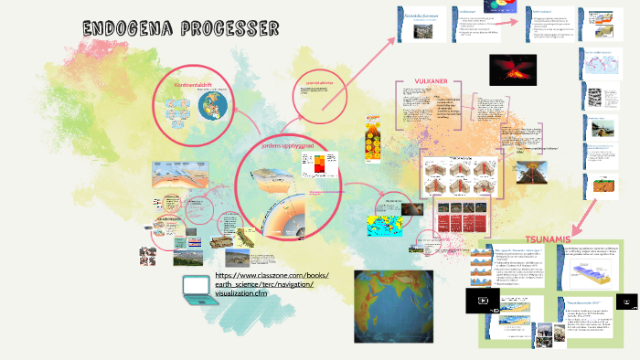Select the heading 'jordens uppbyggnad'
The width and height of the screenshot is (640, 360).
point(290,145)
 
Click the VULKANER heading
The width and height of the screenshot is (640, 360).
point(431,81)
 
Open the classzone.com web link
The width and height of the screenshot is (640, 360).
point(272,284)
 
